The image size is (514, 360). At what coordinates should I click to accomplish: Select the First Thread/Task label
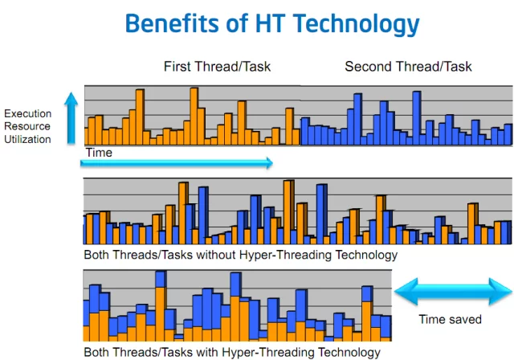click(217, 66)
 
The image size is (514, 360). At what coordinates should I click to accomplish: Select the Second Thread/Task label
click(408, 66)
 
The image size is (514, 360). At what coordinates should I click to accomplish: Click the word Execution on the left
click(28, 113)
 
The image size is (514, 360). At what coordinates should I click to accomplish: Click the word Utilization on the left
click(28, 139)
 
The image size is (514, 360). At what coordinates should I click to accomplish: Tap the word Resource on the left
click(28, 126)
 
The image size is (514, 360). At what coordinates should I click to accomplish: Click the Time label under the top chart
click(98, 152)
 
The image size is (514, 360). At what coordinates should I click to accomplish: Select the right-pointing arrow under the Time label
click(177, 163)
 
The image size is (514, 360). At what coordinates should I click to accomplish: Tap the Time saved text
click(450, 319)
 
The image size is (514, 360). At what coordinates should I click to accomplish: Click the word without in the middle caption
click(211, 255)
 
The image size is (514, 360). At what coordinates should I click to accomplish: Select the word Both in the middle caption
click(97, 255)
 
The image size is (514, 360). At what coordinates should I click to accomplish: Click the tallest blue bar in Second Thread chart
click(416, 117)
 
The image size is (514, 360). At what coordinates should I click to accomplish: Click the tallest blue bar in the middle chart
click(321, 214)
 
